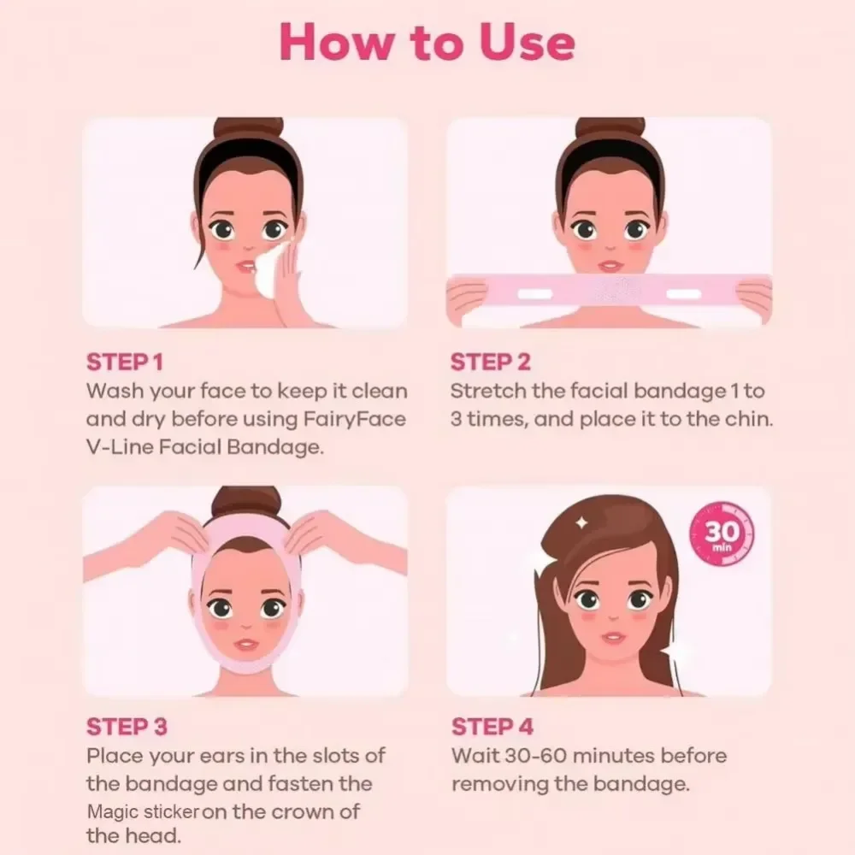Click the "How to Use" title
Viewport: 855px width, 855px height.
(427, 42)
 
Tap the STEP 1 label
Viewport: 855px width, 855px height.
(124, 363)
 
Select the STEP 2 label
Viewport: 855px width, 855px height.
(491, 363)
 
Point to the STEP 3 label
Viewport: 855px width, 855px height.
(127, 727)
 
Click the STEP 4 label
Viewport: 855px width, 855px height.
(492, 727)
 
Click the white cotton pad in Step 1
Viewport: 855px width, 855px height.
(271, 268)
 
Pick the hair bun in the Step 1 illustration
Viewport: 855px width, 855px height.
(247, 129)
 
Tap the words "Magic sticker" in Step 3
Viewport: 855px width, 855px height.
(143, 811)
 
